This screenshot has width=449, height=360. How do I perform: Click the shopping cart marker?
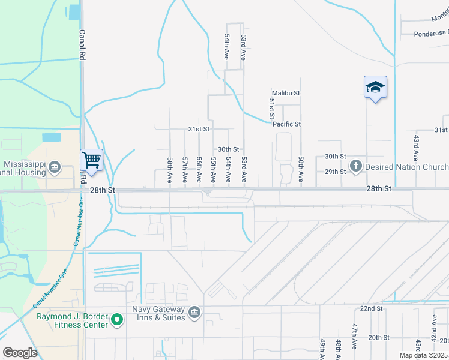pyautogui.click(x=91, y=160)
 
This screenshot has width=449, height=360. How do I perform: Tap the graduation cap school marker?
pyautogui.click(x=375, y=88)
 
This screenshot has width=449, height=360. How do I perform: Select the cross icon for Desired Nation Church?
pyautogui.click(x=355, y=166)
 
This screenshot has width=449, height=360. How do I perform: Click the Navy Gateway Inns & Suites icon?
pyautogui.click(x=194, y=313)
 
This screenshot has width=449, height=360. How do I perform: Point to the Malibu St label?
pyautogui.click(x=285, y=94)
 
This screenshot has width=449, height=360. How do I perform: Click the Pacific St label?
pyautogui.click(x=286, y=124)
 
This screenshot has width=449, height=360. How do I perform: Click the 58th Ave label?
pyautogui.click(x=170, y=170)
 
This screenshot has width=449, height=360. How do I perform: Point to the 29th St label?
pyautogui.click(x=335, y=172)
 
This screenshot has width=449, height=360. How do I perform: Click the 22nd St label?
pyautogui.click(x=371, y=308)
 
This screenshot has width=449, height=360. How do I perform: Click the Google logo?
pyautogui.click(x=20, y=353)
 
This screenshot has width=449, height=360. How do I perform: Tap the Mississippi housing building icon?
pyautogui.click(x=54, y=166)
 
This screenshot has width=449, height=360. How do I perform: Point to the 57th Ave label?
pyautogui.click(x=185, y=170)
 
